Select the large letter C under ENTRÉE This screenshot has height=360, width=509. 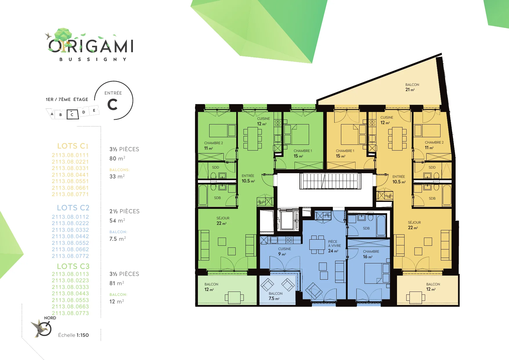pyautogui.click(x=113, y=105)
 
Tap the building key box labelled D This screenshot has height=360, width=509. pyautogui.click(x=84, y=112)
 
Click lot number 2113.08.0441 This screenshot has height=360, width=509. pyautogui.click(x=70, y=175)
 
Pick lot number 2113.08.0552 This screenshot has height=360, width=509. pyautogui.click(x=70, y=243)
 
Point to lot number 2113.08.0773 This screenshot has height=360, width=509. pyautogui.click(x=70, y=313)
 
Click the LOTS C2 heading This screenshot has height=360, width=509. pyautogui.click(x=73, y=208)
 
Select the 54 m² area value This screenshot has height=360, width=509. pyautogui.click(x=117, y=221)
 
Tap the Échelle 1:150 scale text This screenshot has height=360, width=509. pyautogui.click(x=73, y=335)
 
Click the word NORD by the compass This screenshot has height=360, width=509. pyautogui.click(x=50, y=318)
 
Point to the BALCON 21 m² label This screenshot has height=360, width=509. pyautogui.click(x=412, y=87)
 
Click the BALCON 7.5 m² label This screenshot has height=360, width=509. pyautogui.click(x=275, y=296)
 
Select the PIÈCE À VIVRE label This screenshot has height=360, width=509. pyautogui.click(x=334, y=244)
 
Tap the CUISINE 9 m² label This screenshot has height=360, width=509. pyautogui.click(x=284, y=252)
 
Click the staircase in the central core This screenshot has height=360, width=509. pyautogui.click(x=330, y=181)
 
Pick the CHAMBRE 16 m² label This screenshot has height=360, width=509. pyautogui.click(x=371, y=254)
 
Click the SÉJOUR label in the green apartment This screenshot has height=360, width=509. pyautogui.click(x=223, y=218)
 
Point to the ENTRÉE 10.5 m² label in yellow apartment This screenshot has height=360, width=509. pyautogui.click(x=399, y=179)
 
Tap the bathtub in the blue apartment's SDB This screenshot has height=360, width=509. pyautogui.click(x=381, y=225)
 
